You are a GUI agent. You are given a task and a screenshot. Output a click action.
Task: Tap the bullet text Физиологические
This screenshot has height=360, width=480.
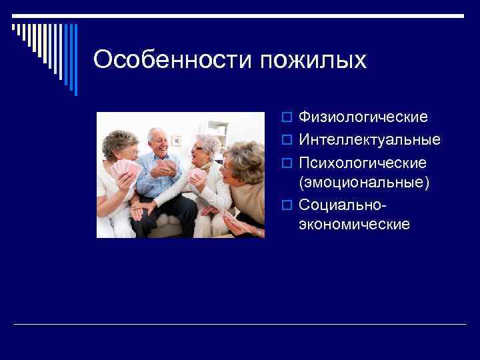(x=363, y=117)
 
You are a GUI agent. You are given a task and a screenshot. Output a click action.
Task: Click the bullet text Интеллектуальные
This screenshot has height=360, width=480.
(x=369, y=140)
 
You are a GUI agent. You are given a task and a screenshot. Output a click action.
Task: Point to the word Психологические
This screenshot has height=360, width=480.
(x=363, y=163)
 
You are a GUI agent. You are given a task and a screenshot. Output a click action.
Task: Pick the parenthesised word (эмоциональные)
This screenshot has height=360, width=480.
(x=364, y=182)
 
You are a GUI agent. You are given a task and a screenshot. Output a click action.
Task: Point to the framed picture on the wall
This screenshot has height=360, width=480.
(x=176, y=141)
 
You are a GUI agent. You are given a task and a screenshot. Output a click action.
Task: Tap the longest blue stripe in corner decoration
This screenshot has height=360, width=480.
(x=75, y=60)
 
